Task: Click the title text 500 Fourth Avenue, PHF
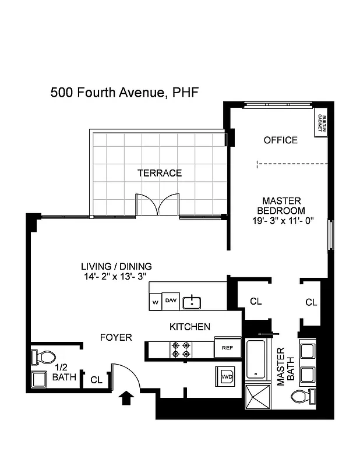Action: click(x=125, y=92)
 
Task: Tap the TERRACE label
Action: click(x=159, y=173)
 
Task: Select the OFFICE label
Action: click(x=280, y=140)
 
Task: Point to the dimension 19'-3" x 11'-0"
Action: click(x=284, y=221)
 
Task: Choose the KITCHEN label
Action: click(x=190, y=327)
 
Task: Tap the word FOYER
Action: click(x=116, y=337)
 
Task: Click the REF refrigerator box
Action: click(x=227, y=348)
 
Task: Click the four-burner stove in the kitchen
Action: click(x=180, y=349)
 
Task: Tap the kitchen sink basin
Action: click(x=192, y=302)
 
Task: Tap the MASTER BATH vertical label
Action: click(x=285, y=367)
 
